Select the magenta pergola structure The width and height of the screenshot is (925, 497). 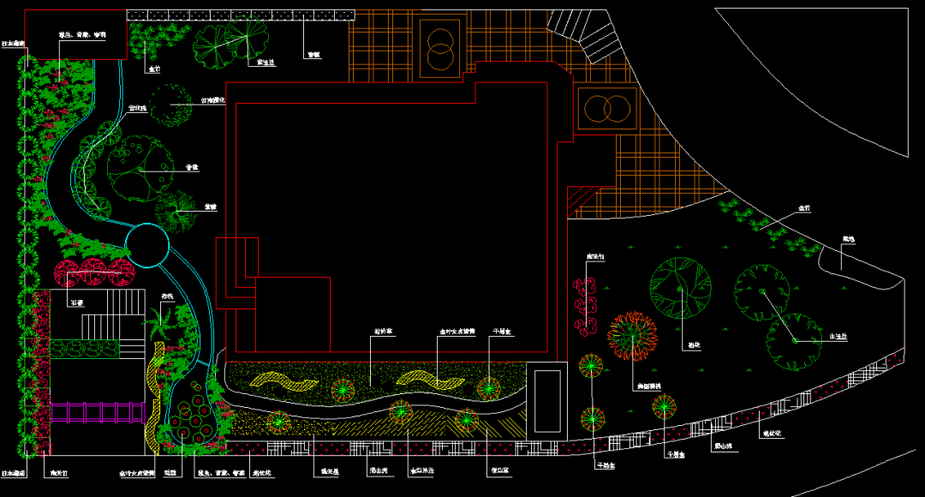(97, 412)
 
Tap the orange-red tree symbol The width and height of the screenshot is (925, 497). (633, 334)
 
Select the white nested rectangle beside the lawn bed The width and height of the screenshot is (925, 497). (546, 400)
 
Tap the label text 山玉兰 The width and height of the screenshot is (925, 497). (837, 337)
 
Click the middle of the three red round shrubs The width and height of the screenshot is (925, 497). (93, 272)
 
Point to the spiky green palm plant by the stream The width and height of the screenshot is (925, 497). (160, 325)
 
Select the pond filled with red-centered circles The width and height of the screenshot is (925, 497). (190, 415)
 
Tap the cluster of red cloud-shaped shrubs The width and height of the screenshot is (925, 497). (586, 305)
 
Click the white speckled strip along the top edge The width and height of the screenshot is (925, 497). (240, 15)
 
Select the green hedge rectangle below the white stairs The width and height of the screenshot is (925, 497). (86, 348)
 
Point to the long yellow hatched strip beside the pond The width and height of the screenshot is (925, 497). (154, 394)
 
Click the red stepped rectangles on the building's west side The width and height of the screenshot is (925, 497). (233, 272)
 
